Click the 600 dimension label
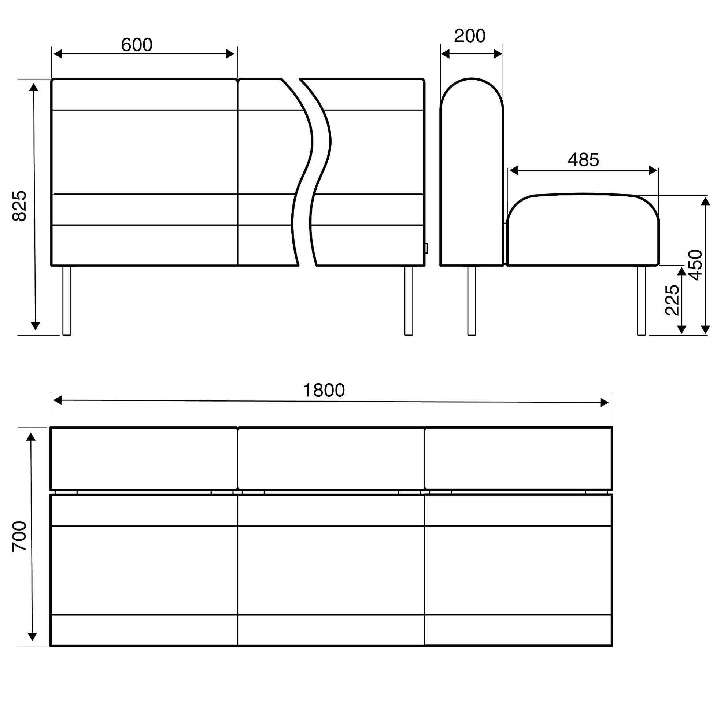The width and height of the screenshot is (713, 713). tap(137, 45)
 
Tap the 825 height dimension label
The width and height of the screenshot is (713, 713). tap(19, 206)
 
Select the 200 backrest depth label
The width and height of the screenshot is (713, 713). tap(469, 36)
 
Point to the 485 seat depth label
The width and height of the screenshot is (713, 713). tap(583, 160)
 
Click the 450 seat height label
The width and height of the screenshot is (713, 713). tap(696, 265)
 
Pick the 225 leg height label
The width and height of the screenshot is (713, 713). tap(672, 300)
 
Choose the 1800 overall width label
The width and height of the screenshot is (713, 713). tap(324, 391)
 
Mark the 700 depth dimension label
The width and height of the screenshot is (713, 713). tap(19, 536)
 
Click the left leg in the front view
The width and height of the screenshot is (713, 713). tap(67, 301)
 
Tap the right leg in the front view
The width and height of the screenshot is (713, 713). tap(409, 301)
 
